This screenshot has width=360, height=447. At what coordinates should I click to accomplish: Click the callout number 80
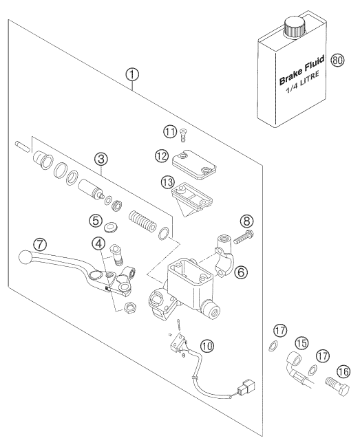(x=337, y=61)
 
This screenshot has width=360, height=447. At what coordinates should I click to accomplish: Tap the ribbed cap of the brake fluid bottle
(x=295, y=27)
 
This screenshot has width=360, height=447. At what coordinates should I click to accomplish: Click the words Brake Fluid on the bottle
(x=301, y=70)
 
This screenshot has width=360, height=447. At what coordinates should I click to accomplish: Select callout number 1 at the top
(x=132, y=75)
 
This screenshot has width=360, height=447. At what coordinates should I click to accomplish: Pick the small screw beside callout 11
(x=183, y=135)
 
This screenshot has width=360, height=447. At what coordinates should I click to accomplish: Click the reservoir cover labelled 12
(x=194, y=165)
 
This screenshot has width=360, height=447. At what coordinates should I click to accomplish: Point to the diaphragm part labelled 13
(x=192, y=200)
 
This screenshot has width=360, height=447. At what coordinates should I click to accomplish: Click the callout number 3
(x=102, y=160)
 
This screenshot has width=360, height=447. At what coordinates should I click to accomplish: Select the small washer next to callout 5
(x=110, y=228)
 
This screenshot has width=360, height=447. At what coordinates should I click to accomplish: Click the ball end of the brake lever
(x=25, y=257)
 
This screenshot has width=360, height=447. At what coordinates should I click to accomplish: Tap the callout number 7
(x=40, y=244)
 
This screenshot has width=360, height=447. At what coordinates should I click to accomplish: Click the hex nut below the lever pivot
(x=130, y=307)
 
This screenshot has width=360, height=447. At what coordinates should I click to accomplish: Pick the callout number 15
(x=301, y=343)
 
